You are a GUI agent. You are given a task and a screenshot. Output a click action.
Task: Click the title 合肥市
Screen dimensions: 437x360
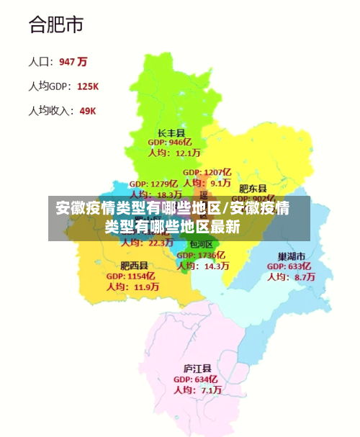click(55, 25)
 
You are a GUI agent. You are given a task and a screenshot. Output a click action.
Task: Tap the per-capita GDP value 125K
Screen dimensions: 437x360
click(87, 86)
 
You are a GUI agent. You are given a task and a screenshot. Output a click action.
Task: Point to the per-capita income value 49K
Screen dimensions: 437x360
click(88, 111)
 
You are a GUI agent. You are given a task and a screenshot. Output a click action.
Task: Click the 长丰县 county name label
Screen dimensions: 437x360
click(171, 133)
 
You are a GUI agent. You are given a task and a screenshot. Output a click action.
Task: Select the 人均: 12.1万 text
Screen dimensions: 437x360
click(174, 153)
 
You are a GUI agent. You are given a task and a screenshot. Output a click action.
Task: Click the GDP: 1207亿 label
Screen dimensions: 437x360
click(207, 173)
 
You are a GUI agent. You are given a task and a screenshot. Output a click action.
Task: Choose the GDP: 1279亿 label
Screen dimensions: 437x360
click(153, 184)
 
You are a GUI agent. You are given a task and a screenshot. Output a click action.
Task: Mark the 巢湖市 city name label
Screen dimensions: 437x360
click(292, 256)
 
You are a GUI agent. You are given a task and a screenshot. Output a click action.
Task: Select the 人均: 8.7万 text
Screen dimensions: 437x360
click(291, 276)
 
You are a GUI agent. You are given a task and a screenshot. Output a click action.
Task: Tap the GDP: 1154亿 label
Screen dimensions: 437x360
click(131, 276)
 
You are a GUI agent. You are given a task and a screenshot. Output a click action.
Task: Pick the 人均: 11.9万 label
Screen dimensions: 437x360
click(132, 287)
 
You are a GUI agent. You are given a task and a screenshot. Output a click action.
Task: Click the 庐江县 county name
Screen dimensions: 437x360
click(196, 369)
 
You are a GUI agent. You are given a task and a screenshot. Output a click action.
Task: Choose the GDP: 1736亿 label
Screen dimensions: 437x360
click(201, 256)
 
